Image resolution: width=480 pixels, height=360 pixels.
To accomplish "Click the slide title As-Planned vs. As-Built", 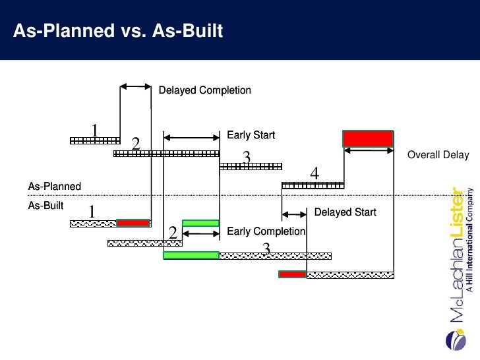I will pyautogui.click(x=119, y=31).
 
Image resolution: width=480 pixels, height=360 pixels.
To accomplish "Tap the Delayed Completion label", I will pyautogui.click(x=205, y=90).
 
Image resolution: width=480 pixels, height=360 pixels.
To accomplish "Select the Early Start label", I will pyautogui.click(x=251, y=135).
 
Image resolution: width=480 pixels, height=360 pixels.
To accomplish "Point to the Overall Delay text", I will pyautogui.click(x=438, y=155).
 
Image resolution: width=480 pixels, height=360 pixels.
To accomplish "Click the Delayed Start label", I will pyautogui.click(x=345, y=212).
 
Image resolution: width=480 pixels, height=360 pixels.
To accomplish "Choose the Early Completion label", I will pyautogui.click(x=266, y=231).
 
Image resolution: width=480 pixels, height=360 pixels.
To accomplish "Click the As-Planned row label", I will pyautogui.click(x=54, y=187).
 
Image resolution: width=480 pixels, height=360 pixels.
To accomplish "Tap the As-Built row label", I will pyautogui.click(x=45, y=205).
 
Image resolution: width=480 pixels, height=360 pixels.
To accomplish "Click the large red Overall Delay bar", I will pyautogui.click(x=368, y=138).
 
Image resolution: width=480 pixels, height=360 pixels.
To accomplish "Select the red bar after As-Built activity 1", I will pyautogui.click(x=133, y=223).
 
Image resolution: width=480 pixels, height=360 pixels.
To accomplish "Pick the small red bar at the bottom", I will pyautogui.click(x=292, y=274).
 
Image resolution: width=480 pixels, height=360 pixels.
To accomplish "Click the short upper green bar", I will pyautogui.click(x=200, y=223).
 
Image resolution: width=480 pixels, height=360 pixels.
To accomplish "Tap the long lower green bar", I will pyautogui.click(x=191, y=255).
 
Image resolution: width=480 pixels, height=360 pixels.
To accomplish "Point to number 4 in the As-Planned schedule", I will pyautogui.click(x=315, y=173).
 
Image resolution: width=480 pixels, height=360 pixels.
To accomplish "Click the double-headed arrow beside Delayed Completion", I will pyautogui.click(x=136, y=86).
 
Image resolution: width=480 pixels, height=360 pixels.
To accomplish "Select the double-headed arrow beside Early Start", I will pyautogui.click(x=191, y=137).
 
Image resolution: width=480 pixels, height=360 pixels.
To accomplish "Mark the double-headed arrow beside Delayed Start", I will pyautogui.click(x=294, y=214).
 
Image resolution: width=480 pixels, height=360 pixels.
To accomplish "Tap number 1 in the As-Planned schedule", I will pyautogui.click(x=94, y=130).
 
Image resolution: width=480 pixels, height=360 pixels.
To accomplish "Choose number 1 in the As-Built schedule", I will pyautogui.click(x=92, y=212).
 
